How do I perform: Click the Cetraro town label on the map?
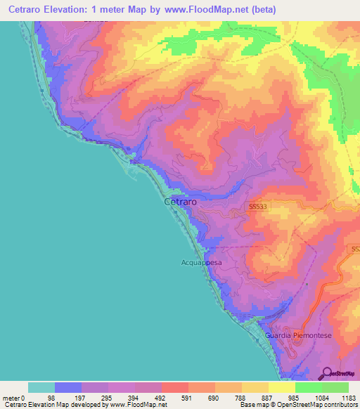tap(180, 201)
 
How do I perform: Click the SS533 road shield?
tap(258, 207)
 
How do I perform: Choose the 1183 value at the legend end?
tap(349, 398)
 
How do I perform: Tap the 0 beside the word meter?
tap(22, 398)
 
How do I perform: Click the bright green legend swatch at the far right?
tap(335, 387)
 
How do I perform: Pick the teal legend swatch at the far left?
tap(41, 387)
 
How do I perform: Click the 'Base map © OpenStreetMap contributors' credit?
tap(297, 405)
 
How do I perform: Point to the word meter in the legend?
tap(11, 398)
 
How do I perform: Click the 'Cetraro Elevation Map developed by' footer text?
tap(49, 405)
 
